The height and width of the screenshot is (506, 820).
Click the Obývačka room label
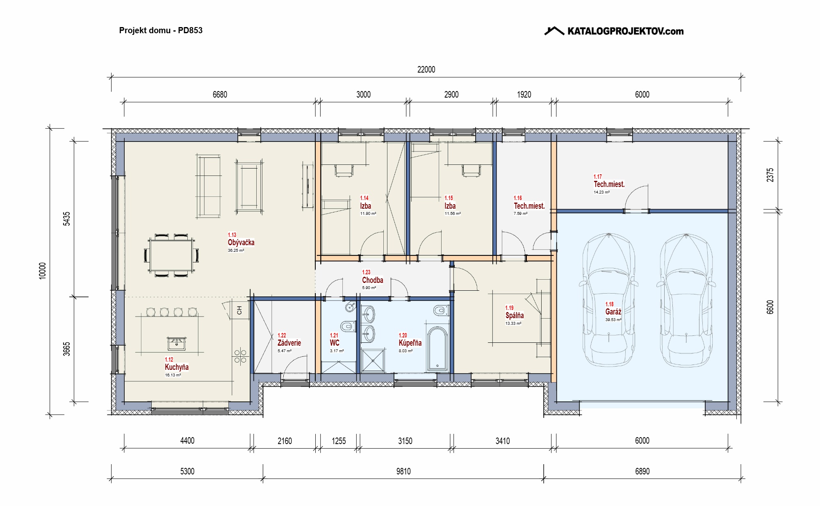241,242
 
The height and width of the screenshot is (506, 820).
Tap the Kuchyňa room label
177,367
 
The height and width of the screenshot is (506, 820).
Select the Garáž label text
613,312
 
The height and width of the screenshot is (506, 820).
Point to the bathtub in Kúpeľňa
437,349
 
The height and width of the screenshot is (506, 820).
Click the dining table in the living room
171,255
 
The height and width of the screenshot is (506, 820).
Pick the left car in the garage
609,300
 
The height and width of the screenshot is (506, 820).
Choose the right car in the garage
686,300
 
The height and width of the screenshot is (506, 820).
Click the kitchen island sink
177,344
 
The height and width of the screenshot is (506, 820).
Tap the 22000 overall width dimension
426,70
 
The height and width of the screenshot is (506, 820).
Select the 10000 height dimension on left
43,271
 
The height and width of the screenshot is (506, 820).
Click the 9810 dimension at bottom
403,472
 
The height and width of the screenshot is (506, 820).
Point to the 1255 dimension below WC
339,441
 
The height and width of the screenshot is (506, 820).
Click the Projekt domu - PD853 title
161,30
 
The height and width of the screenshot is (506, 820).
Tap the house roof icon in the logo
554,31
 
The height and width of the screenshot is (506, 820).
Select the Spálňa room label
515,315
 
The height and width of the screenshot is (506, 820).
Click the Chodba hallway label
373,280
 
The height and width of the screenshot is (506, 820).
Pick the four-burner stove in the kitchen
240,356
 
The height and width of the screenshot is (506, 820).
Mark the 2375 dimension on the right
770,175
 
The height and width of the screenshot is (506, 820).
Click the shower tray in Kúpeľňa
373,361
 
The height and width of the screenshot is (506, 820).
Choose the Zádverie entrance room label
289,343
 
